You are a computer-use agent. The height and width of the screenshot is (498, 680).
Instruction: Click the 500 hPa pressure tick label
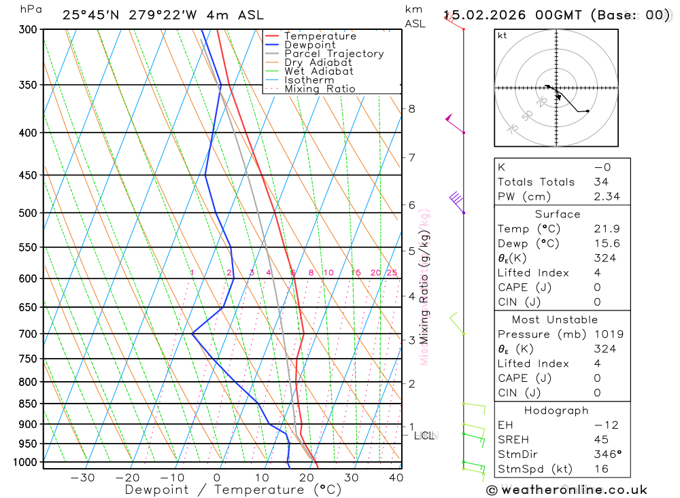tap(29, 213)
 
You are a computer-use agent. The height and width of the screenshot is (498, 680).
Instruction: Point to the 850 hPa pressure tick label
tap(29, 404)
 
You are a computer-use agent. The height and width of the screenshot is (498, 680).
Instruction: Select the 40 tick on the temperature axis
tap(395, 478)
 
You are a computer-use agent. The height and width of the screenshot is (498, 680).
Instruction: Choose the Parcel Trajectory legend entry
tap(334, 54)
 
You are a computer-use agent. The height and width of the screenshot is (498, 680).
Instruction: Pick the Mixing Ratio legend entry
tap(320, 89)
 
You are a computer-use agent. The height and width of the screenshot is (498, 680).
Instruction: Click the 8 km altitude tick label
tap(411, 109)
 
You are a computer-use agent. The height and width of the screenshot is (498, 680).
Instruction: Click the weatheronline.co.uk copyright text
tap(566, 490)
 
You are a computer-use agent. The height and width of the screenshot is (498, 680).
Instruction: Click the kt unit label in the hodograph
tap(503, 35)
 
